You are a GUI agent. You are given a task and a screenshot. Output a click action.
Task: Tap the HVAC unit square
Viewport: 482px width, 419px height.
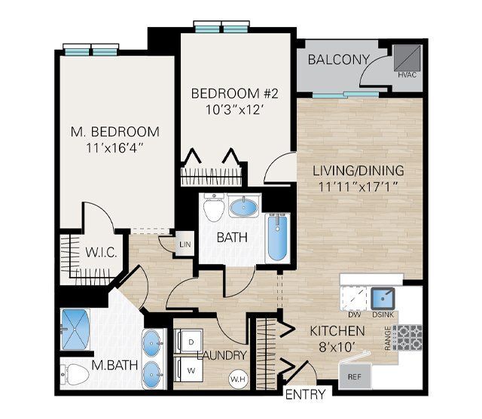406,57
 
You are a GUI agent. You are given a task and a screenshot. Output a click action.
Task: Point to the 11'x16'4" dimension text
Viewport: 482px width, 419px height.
115,147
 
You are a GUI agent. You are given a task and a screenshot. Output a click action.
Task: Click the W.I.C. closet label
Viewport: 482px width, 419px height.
100,252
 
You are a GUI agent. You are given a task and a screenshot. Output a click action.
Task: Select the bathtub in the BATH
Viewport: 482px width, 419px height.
276,238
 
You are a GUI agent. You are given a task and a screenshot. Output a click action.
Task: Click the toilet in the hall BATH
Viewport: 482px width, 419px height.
215,208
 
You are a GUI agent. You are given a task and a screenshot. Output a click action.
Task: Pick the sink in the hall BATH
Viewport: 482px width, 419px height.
245,206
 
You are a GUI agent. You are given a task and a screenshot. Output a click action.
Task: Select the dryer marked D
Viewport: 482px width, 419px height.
188,341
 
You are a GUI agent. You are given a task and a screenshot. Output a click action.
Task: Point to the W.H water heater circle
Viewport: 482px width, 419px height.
237,378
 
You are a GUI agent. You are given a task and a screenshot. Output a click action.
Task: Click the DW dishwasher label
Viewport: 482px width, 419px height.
355,314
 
